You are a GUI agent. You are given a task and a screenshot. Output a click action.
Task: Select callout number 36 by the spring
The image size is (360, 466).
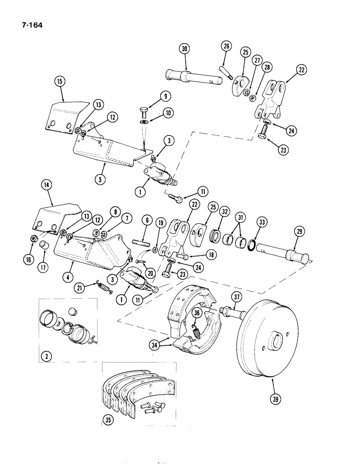coord(197,314)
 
